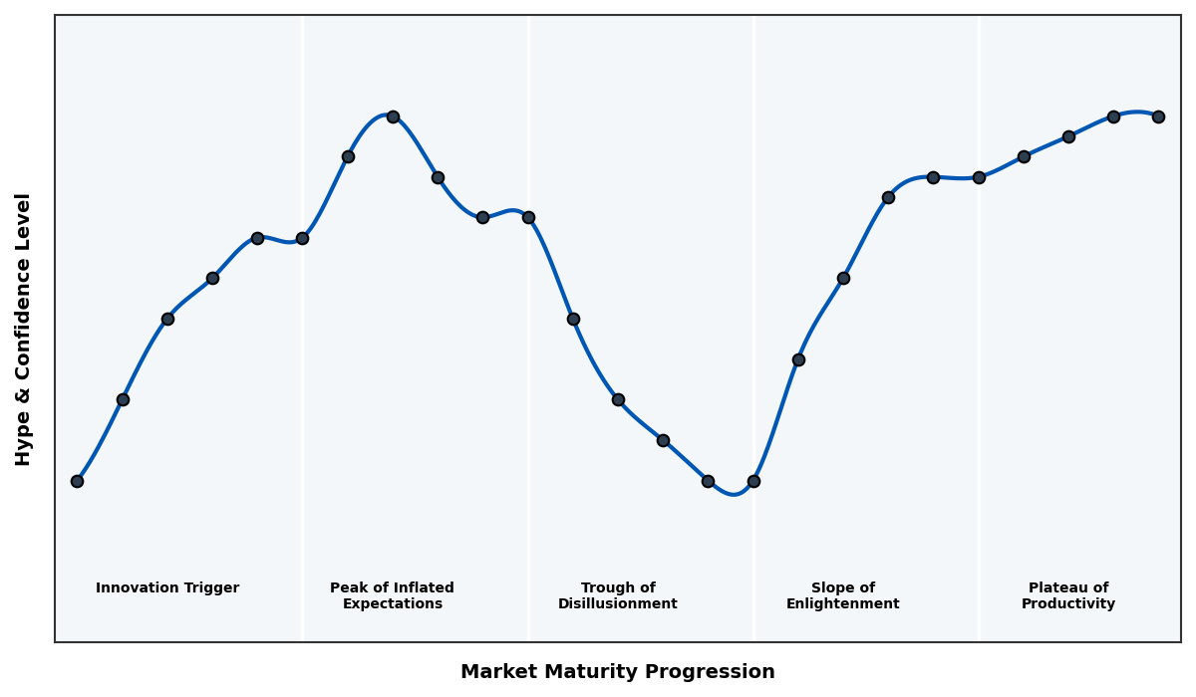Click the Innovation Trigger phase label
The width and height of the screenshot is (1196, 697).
click(167, 588)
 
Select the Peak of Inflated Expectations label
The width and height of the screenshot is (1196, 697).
click(392, 596)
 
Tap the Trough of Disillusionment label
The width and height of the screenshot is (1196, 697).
click(617, 596)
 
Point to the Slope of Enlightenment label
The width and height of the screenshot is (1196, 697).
click(842, 596)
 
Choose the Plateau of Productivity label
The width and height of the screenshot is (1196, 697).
click(1067, 596)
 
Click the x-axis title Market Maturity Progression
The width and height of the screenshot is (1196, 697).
click(617, 672)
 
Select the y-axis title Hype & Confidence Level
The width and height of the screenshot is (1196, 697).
click(24, 329)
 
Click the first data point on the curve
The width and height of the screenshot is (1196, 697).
click(77, 481)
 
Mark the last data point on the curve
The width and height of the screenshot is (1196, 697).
click(1158, 116)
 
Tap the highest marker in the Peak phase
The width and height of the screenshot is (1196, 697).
click(393, 116)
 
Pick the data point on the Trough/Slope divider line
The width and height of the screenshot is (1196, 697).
click(753, 481)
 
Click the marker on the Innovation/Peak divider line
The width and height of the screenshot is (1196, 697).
click(302, 238)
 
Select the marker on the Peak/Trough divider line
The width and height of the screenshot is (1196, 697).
click(528, 217)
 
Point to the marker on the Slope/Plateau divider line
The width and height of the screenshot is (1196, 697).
click(979, 177)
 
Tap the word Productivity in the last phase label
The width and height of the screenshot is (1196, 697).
click(1067, 604)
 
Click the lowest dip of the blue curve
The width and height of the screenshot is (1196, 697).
click(734, 494)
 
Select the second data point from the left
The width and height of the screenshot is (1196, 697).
click(123, 399)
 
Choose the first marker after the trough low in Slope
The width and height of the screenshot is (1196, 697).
click(798, 359)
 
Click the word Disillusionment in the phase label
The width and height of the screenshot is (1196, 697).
click(617, 604)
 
